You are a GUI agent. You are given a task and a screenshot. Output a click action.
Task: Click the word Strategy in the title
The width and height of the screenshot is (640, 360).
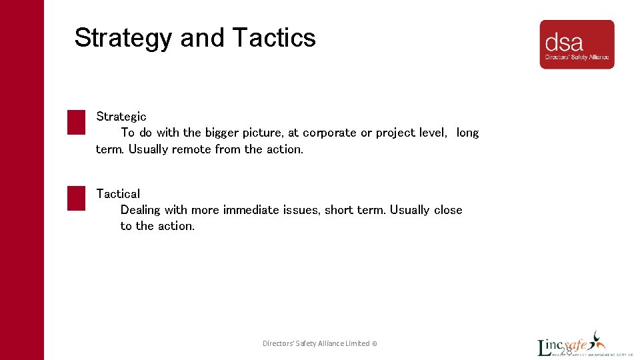[x=123, y=38]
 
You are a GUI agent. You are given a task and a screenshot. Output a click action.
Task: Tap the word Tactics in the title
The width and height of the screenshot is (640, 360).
[x=274, y=38]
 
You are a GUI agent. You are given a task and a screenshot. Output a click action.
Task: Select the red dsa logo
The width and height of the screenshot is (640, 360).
[x=577, y=44]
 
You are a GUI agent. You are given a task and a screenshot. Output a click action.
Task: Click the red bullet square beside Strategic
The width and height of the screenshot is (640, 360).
[x=77, y=123]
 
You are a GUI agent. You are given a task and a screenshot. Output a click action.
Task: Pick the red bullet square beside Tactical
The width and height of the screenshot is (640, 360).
[x=77, y=199]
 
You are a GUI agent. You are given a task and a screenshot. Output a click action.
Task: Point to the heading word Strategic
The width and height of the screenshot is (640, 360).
[x=121, y=117]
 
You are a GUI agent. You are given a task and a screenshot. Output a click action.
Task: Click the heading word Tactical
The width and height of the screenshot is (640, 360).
[x=118, y=194]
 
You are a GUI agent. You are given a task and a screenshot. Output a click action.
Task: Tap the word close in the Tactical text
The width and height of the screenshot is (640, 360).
[x=448, y=210]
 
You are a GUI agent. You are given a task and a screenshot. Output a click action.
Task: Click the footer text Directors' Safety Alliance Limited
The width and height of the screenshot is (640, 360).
[x=316, y=343]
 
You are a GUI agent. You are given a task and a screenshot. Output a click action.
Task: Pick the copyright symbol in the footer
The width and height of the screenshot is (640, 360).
[x=374, y=343]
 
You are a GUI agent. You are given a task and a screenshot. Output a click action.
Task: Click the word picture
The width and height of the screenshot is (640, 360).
[x=265, y=133]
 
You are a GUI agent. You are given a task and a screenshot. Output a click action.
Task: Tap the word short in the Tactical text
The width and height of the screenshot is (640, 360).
[x=339, y=210]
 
